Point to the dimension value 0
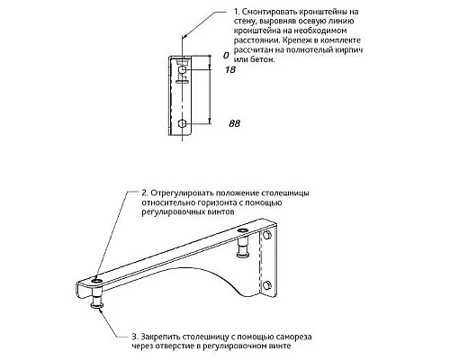point(226,56)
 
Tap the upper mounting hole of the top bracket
point(183,70)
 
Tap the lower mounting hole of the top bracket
point(183,123)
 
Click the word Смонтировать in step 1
point(261,12)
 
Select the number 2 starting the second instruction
point(145,193)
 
